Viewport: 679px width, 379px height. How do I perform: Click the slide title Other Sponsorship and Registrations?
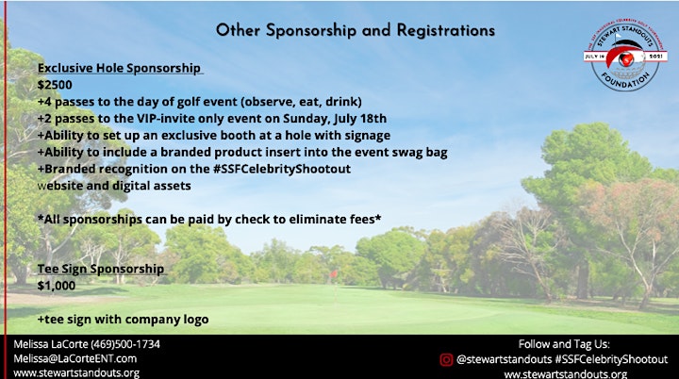(x=356, y=30)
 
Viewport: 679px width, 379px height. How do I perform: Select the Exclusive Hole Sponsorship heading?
(x=119, y=68)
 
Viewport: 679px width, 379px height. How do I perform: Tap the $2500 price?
(x=55, y=85)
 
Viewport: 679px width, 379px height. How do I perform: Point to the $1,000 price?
(x=57, y=286)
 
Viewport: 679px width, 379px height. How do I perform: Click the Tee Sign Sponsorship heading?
(x=101, y=269)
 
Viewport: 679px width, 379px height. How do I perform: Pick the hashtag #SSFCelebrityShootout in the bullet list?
(x=282, y=169)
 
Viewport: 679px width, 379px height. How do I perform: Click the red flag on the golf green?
(x=334, y=273)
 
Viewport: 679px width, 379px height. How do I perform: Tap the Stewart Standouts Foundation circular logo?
(x=625, y=56)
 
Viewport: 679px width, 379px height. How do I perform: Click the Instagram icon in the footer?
(x=446, y=359)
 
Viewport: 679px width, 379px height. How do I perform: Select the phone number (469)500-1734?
(x=125, y=344)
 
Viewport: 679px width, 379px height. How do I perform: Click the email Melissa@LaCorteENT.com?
(x=75, y=358)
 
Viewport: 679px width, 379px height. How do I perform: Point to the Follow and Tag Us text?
(x=564, y=344)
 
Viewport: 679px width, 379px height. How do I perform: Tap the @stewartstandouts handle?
(x=504, y=359)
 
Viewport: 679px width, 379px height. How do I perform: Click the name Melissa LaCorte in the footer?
(x=51, y=344)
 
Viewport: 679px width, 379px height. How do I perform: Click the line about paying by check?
(x=209, y=219)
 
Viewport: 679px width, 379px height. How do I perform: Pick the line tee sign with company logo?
(x=123, y=320)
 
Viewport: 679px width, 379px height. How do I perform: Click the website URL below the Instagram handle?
(x=566, y=373)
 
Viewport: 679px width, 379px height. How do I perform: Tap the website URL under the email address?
(x=76, y=373)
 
